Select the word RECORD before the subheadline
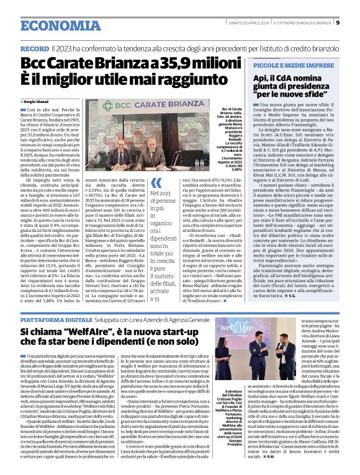(35, 48)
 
